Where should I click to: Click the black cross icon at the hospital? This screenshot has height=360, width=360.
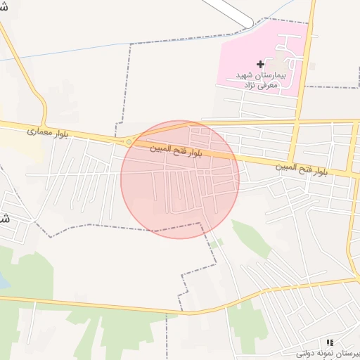pos(260,64)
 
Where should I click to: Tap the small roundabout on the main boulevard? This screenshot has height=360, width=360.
pos(129,142)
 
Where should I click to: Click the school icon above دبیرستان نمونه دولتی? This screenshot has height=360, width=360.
pos(330,342)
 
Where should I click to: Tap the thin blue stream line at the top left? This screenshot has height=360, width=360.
pos(70,51)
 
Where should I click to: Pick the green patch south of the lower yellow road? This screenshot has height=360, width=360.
pos(127,330)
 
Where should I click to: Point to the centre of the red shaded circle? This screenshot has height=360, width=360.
pos(180,179)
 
